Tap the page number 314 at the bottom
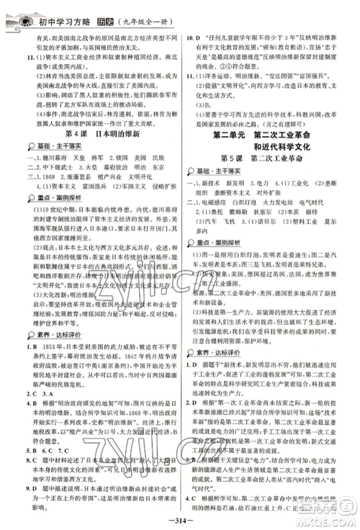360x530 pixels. click(x=179, y=521)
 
